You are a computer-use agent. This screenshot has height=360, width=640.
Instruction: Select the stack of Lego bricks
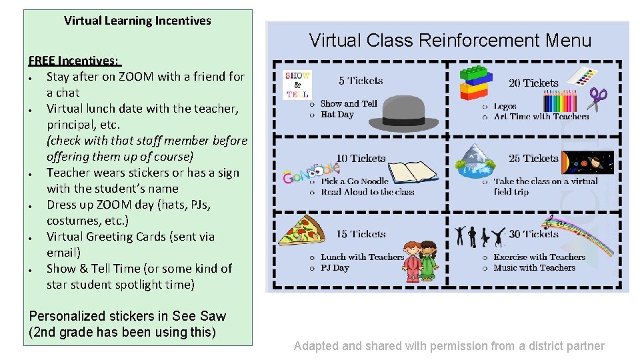coord(478,83)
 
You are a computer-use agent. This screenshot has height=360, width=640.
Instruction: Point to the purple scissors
coord(597,99)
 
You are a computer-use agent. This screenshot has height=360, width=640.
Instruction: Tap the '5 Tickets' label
coord(360,81)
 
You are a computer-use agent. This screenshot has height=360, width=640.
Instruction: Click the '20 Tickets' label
coord(533,83)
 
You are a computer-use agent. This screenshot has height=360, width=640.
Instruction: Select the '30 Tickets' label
coord(533,234)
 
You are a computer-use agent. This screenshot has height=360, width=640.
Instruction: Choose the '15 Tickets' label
coord(361,234)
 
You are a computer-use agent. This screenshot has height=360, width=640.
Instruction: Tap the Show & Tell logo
coord(297,84)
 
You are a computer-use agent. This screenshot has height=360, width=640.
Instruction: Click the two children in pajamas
coord(419,261)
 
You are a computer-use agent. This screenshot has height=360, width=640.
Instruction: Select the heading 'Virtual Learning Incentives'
coord(137,21)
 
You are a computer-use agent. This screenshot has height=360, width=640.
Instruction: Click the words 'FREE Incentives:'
coord(73,61)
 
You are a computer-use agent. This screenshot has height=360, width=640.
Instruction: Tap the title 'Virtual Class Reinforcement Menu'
coord(450,41)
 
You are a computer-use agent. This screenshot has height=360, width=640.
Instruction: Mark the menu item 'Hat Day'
coord(337,115)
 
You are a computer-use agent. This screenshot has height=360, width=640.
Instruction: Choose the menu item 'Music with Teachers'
coord(534,268)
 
